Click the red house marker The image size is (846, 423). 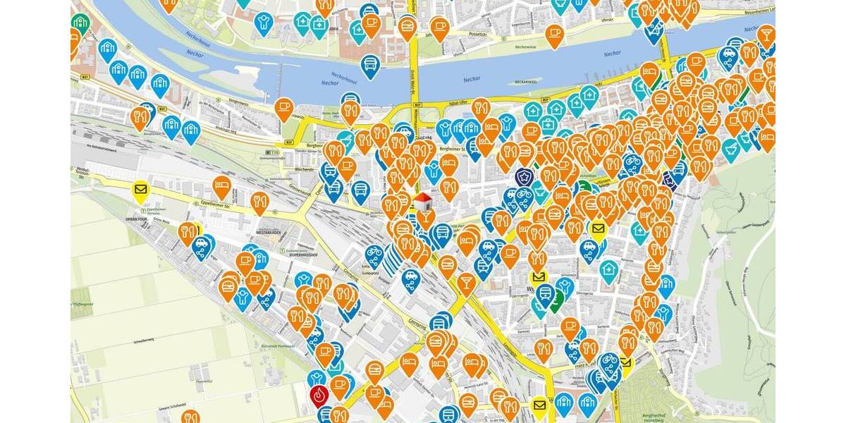[x=422, y=203]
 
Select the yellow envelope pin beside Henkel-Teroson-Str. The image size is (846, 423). [x=140, y=190]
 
